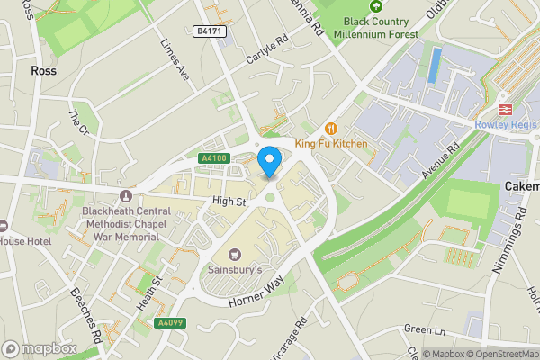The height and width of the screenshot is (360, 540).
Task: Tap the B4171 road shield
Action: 210,31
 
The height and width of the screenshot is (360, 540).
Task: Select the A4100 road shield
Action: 214,158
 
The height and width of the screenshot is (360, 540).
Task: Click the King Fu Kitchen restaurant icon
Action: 330,128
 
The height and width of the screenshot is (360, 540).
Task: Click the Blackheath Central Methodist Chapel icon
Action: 125,195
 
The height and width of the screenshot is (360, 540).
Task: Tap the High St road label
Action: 229,202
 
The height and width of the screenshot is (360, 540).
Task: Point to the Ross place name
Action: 43,70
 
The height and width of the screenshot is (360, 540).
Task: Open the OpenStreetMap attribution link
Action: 494,354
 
